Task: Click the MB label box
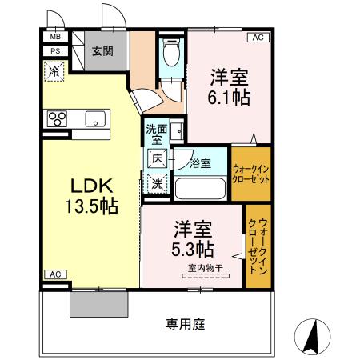coord(55,37)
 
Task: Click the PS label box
coord(55,51)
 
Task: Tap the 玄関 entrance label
coord(101,51)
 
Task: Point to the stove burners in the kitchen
coord(58,120)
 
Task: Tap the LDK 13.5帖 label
coord(91,194)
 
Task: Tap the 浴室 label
coord(201,164)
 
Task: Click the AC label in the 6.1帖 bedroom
coord(258,38)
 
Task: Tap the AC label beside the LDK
coord(55,275)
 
